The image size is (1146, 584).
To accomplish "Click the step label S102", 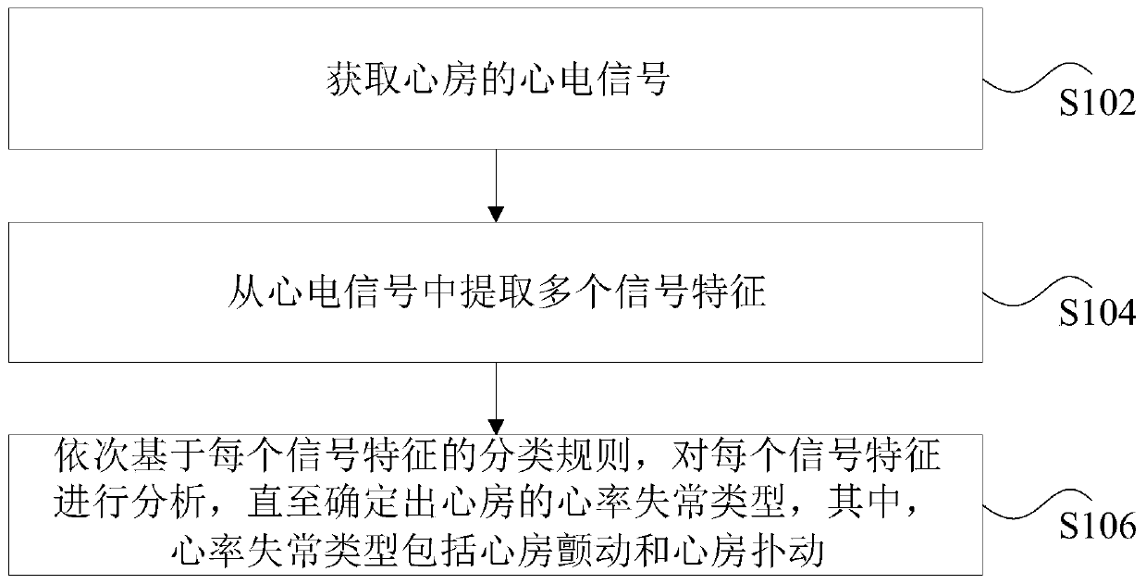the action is point(1096,105).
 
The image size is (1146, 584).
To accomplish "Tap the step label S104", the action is point(1096,314).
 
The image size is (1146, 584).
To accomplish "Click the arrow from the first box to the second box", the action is point(498,184).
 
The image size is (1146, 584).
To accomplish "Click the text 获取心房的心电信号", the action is point(496,81).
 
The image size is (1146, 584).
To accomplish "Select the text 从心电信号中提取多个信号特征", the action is point(496,294).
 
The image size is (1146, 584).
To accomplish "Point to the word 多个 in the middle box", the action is point(573,294).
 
